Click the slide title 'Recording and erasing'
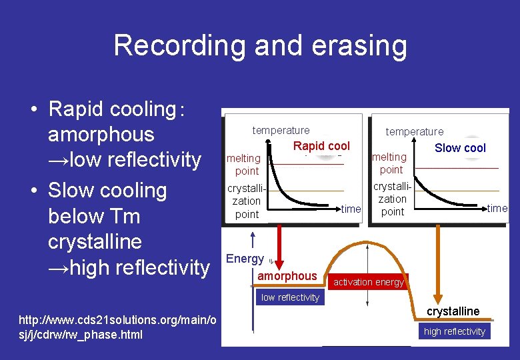click(260, 45)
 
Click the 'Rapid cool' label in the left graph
click(321, 146)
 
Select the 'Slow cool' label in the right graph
click(460, 148)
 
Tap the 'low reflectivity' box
click(290, 297)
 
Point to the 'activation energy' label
click(369, 282)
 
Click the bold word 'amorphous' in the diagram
click(287, 276)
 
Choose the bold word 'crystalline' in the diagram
click(453, 311)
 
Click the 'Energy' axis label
click(245, 259)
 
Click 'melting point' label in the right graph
click(389, 163)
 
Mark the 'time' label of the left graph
click(351, 209)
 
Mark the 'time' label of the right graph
click(497, 208)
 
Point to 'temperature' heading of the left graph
click(281, 130)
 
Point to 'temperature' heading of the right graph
click(414, 131)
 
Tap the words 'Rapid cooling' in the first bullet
click(111, 109)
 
